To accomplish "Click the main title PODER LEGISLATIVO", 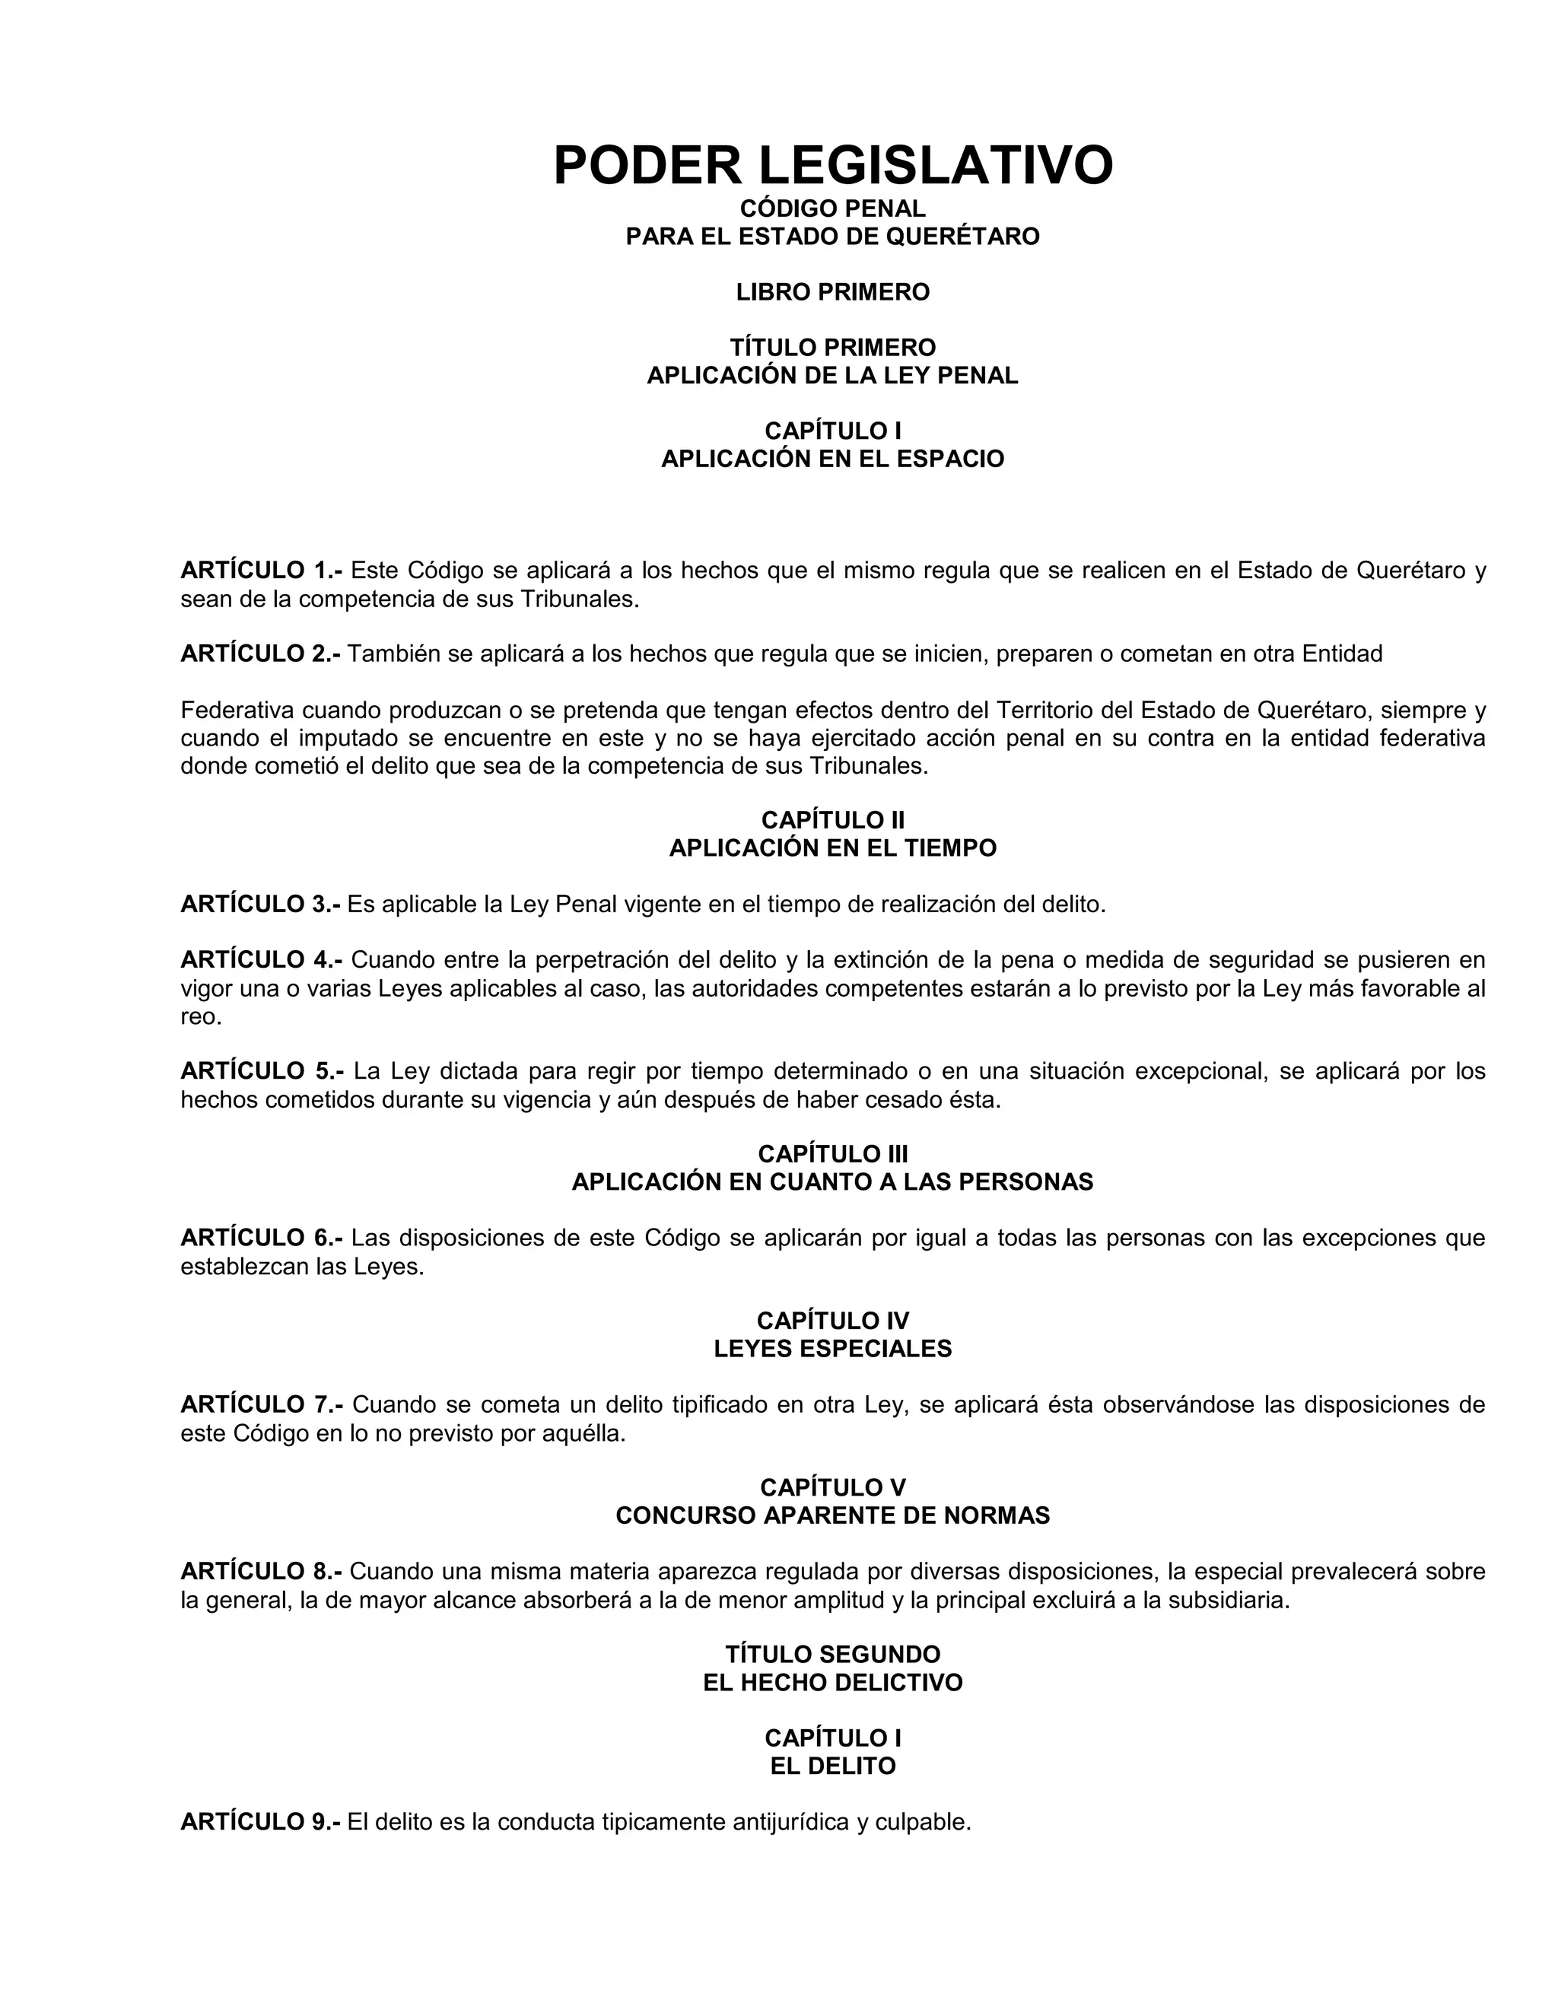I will click(832, 165).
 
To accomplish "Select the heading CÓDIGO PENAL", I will click(832, 209).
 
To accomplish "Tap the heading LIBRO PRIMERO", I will click(832, 293).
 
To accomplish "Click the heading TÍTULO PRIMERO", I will click(832, 348).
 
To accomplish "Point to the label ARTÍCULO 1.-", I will click(261, 571).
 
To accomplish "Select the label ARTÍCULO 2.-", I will click(260, 654).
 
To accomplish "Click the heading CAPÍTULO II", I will click(832, 819).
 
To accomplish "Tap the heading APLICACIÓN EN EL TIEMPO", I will click(832, 848).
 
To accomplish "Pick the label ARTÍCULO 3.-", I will click(260, 905).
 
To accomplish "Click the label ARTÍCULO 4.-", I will click(261, 960).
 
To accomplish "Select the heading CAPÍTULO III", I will click(832, 1154).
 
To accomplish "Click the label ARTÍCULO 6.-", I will click(261, 1238).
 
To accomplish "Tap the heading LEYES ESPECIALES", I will click(832, 1350).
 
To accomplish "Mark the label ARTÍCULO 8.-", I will click(261, 1572).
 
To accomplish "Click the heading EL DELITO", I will click(832, 1766).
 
